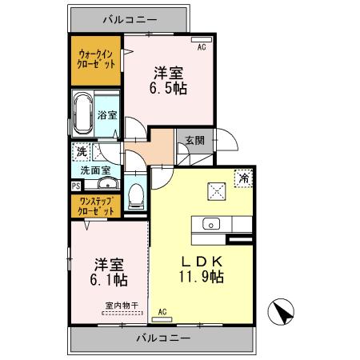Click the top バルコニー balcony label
130,17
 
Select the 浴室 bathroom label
107,115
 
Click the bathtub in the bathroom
83,112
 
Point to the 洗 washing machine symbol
82,151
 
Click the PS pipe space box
75,186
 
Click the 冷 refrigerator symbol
240,177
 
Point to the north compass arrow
280,310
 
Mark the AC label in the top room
201,47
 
